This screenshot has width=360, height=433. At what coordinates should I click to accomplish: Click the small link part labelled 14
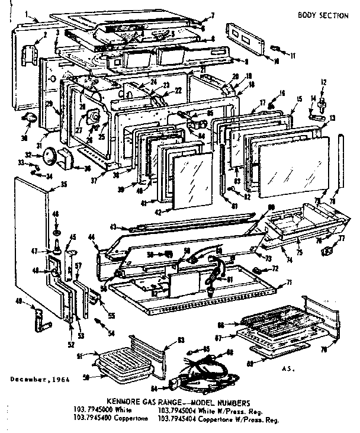(316, 117)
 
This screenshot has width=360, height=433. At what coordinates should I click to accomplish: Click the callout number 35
(64, 185)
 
